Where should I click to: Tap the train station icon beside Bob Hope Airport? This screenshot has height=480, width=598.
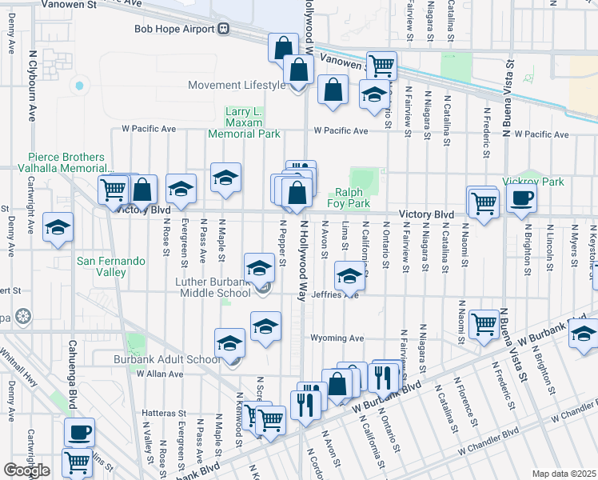tap(225, 29)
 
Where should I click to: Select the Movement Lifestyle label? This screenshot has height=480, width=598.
tap(236, 86)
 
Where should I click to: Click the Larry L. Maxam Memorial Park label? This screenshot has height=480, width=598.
tap(244, 122)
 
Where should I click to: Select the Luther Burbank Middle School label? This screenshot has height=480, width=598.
tap(213, 287)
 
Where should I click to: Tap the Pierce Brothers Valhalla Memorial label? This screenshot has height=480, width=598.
tap(70, 163)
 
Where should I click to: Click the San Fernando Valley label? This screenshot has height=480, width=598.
tap(112, 266)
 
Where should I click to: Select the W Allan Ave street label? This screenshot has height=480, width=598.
tap(160, 374)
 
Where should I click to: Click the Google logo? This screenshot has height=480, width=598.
tap(26, 470)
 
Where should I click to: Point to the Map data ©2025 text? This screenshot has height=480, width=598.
tap(563, 474)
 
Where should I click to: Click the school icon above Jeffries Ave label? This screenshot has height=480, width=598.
tap(349, 276)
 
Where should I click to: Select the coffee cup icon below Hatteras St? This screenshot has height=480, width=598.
tap(79, 432)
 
